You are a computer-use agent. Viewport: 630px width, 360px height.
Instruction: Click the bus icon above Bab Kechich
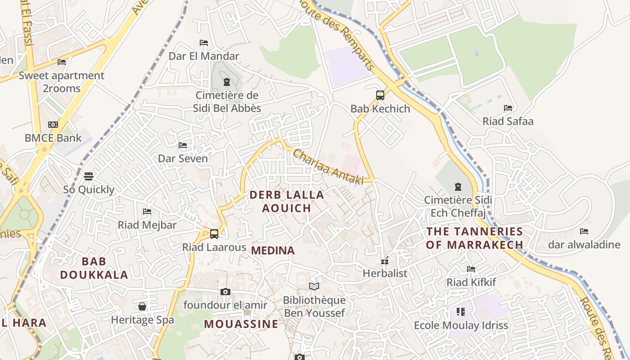click(380, 95)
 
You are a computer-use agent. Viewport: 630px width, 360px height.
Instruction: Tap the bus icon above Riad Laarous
click(214, 234)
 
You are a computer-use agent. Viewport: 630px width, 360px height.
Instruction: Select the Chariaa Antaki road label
click(328, 166)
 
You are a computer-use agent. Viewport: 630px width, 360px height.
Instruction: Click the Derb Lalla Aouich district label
click(287, 201)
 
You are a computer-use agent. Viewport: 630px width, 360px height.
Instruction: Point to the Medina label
click(273, 251)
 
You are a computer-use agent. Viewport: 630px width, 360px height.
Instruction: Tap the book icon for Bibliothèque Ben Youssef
click(314, 286)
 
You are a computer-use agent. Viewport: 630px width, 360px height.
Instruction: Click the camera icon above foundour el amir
click(225, 292)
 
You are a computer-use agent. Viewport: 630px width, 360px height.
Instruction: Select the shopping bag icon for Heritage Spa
click(142, 306)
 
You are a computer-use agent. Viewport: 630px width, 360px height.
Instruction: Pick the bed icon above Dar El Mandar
click(204, 43)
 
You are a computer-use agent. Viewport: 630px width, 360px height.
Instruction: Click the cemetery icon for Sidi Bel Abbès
click(226, 82)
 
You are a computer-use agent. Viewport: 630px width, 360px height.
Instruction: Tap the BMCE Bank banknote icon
click(53, 125)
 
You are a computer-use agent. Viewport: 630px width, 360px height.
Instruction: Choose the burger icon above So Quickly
click(89, 176)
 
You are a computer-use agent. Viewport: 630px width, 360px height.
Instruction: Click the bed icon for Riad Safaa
click(508, 108)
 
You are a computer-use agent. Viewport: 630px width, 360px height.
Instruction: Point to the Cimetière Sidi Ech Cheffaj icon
click(458, 186)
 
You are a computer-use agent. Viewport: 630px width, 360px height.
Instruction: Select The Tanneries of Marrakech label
click(475, 238)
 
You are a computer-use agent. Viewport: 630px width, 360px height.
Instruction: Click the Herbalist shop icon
click(385, 260)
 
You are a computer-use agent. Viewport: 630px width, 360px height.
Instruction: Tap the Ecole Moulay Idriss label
click(461, 325)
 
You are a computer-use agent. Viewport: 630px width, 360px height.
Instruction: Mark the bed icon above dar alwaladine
click(584, 231)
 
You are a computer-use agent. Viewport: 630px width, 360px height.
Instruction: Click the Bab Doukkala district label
click(94, 268)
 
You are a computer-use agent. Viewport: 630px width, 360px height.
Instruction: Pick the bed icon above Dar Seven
click(183, 145)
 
